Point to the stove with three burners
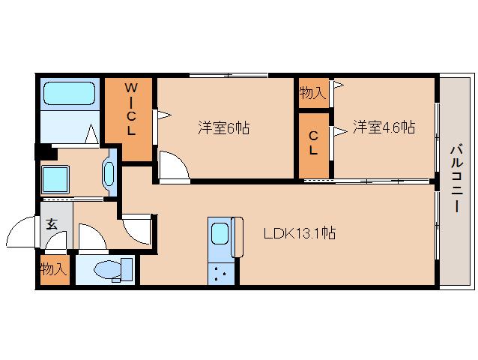(220, 273)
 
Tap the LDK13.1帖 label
(299, 233)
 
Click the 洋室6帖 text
(223, 128)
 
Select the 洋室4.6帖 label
(384, 127)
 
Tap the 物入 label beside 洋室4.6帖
(312, 94)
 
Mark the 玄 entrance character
(52, 223)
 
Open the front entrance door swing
(25, 229)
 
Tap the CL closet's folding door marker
(339, 132)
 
